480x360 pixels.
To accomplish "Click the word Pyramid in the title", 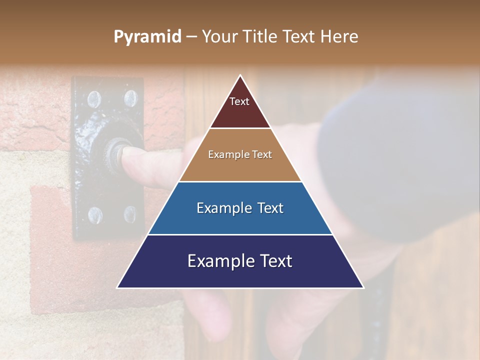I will tap(147, 37).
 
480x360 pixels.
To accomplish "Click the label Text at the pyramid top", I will tap(239, 101).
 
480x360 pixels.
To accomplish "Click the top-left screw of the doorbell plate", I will tap(94, 99).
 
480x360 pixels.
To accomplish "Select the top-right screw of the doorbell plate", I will tap(130, 98).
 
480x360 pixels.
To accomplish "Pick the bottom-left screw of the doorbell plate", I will tap(95, 215).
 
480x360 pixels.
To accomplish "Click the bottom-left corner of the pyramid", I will tap(118, 287).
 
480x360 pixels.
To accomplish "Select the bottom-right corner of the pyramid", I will tap(362, 287).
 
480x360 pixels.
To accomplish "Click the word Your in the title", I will tap(219, 36).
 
